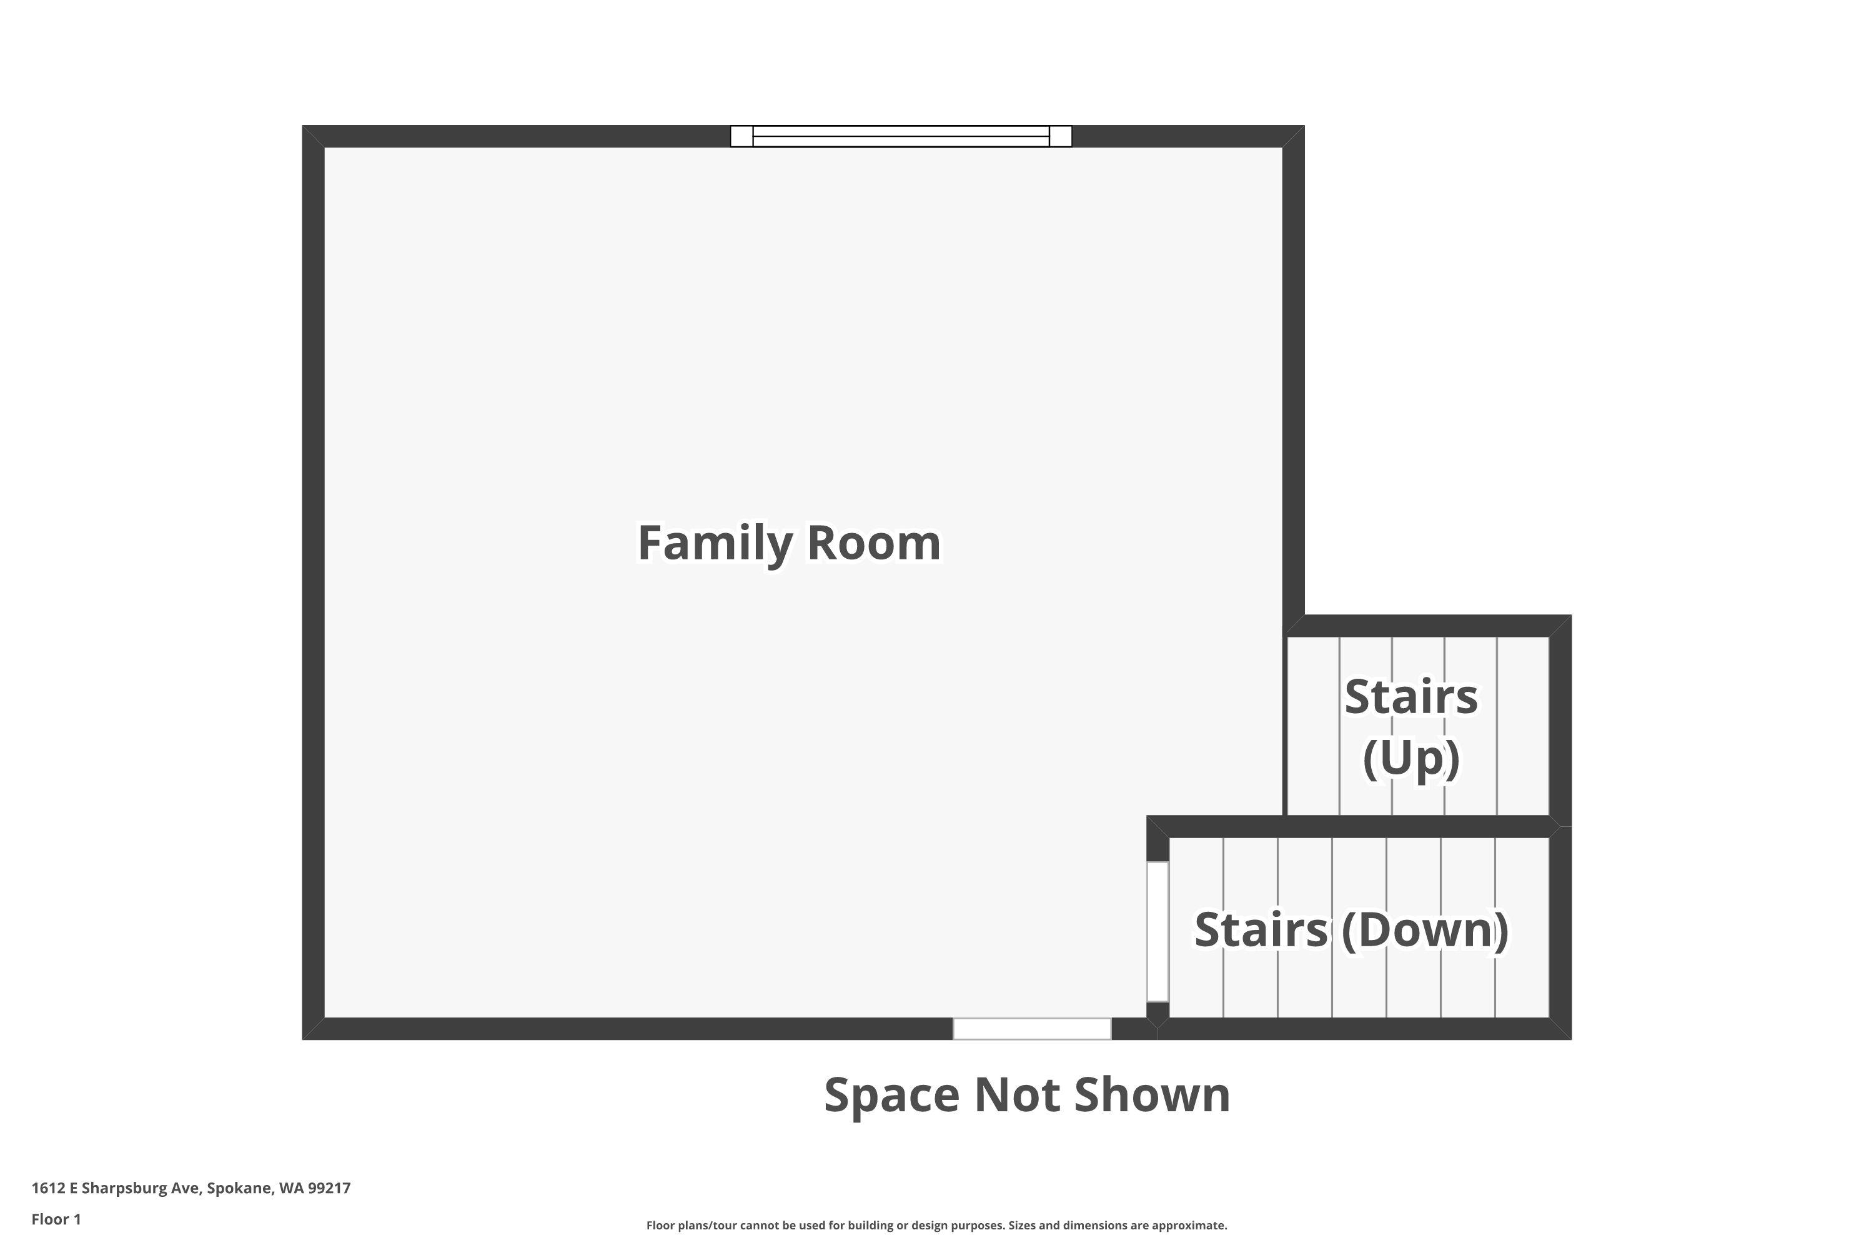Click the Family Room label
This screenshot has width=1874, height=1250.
[x=789, y=544]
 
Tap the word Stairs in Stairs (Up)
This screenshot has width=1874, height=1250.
[x=1410, y=697]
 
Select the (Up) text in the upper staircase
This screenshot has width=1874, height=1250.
[x=1410, y=758]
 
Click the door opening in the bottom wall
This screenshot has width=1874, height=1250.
[x=1032, y=1028]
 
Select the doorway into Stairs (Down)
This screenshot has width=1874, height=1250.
[x=1158, y=931]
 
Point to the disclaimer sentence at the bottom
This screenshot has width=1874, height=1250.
[x=936, y=1225]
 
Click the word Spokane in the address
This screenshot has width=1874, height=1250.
[x=239, y=1188]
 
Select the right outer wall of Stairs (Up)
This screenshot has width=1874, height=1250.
[x=1560, y=721]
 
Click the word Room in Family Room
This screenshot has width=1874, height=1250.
[x=873, y=544]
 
